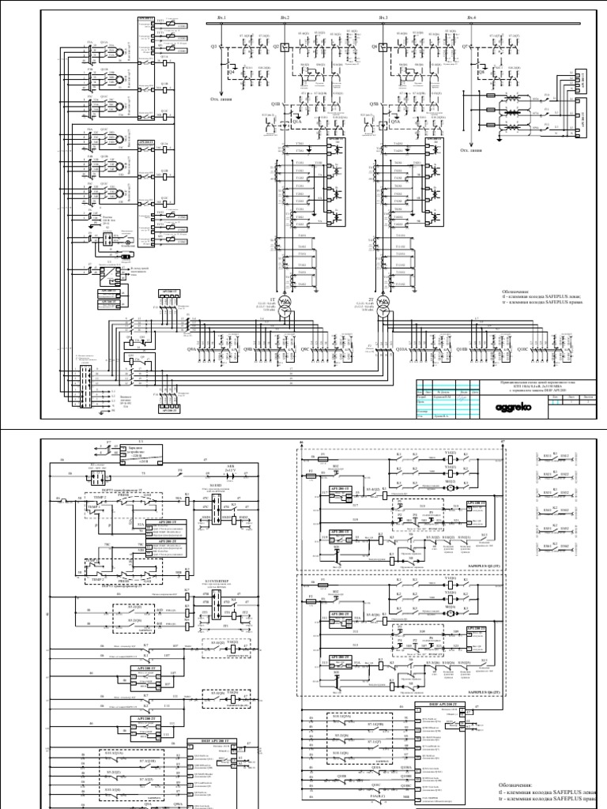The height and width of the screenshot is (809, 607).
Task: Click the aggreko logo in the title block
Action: click(513, 407)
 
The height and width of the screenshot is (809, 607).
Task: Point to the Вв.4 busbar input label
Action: click(472, 17)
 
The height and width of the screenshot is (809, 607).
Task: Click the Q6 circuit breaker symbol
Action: click(383, 47)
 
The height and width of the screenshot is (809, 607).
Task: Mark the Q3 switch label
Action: click(214, 47)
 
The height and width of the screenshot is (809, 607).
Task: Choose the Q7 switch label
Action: click(466, 47)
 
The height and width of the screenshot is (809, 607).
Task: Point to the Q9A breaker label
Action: click(191, 348)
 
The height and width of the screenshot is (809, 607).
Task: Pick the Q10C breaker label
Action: click(522, 348)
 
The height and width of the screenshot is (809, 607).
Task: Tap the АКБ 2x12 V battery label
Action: click(232, 468)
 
